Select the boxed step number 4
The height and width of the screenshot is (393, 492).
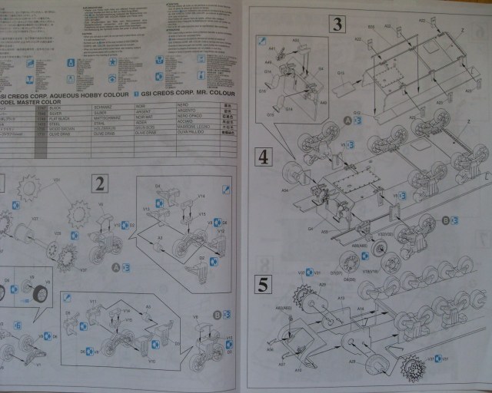click(264, 157)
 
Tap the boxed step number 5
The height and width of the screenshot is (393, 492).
click(264, 286)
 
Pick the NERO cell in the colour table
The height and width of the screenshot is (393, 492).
click(182, 109)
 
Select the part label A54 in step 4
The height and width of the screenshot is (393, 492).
click(286, 190)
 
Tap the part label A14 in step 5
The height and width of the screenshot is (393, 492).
click(359, 306)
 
